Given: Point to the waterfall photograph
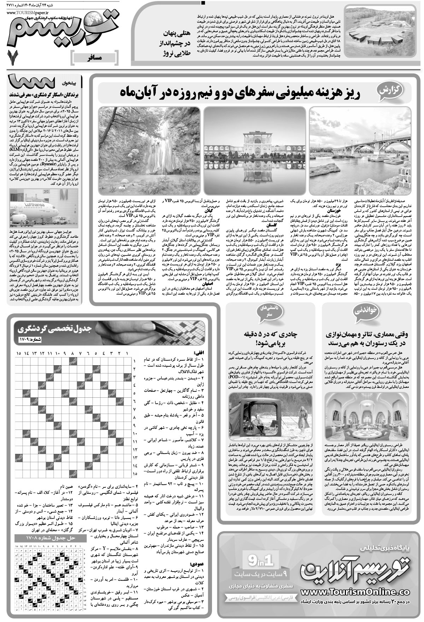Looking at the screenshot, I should [x=149, y=150].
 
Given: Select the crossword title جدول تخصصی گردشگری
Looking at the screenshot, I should [x=54, y=330].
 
